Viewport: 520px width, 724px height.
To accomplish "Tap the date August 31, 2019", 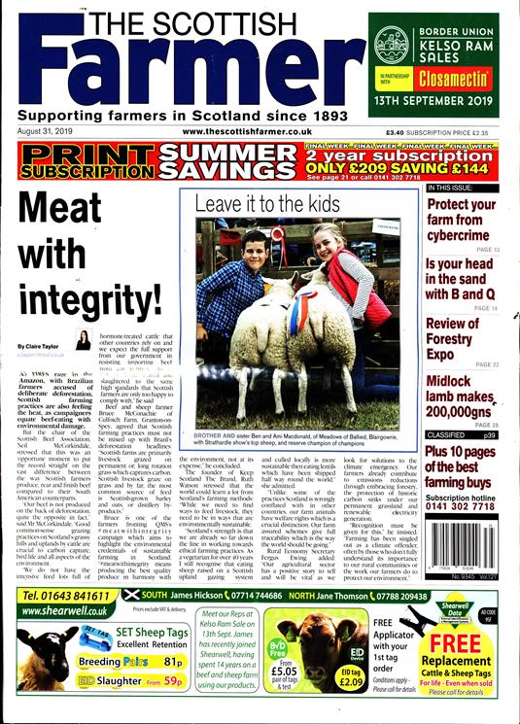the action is coord(47,131).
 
